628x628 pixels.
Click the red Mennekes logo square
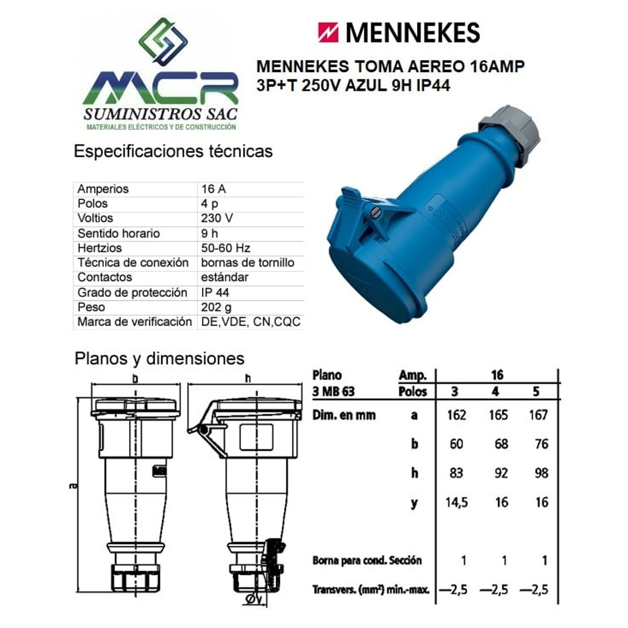[328, 32]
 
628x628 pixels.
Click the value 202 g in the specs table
[216, 307]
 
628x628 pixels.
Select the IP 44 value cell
[215, 293]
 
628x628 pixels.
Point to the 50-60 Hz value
[225, 248]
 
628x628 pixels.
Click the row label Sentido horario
[118, 233]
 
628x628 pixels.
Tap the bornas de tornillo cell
[247, 263]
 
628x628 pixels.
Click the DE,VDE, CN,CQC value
[251, 322]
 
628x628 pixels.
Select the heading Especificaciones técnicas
[173, 151]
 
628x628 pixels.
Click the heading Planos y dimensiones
[159, 358]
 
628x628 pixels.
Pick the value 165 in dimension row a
[498, 415]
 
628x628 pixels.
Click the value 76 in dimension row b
[541, 444]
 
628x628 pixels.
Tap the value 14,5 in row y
[456, 503]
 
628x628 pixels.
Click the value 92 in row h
[501, 474]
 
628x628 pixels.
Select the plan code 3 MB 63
[333, 391]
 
